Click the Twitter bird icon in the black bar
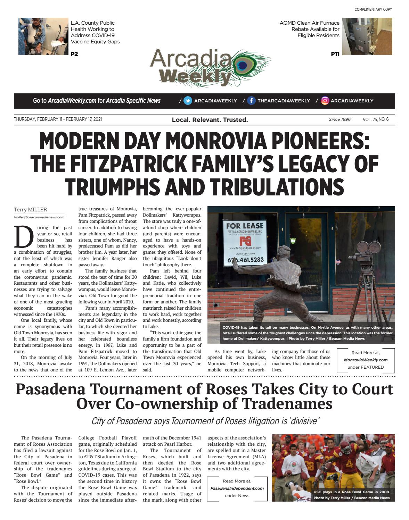(x=188, y=101)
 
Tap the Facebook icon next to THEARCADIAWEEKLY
(x=251, y=101)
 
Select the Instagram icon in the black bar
(x=325, y=101)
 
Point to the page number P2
(x=74, y=54)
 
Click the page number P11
(x=335, y=54)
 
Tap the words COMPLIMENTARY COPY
(x=373, y=9)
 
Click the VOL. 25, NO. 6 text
(x=375, y=119)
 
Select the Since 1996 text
(x=340, y=119)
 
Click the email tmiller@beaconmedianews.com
(x=39, y=217)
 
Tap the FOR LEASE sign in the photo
(x=245, y=226)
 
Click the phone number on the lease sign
(x=245, y=260)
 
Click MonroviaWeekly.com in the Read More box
(x=366, y=360)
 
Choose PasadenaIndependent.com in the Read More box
(x=237, y=488)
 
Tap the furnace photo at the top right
(x=367, y=36)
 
